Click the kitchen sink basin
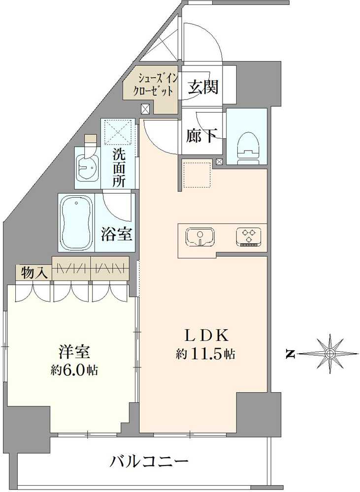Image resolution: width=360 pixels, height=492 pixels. click(199, 237)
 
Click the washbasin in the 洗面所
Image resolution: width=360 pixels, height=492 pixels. click(89, 170)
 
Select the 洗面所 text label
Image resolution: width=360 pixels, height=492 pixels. click(119, 167)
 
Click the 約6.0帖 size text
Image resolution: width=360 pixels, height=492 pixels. click(74, 370)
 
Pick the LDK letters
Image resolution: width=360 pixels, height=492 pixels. click(206, 336)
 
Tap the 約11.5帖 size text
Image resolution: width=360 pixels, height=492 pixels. click(206, 353)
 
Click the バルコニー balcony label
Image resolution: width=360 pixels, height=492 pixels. click(149, 462)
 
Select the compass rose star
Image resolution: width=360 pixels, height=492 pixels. click(330, 353)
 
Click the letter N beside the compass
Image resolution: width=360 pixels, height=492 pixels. click(291, 353)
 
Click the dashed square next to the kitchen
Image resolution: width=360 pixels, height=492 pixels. click(197, 175)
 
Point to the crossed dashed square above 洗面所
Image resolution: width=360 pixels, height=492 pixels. click(118, 132)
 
